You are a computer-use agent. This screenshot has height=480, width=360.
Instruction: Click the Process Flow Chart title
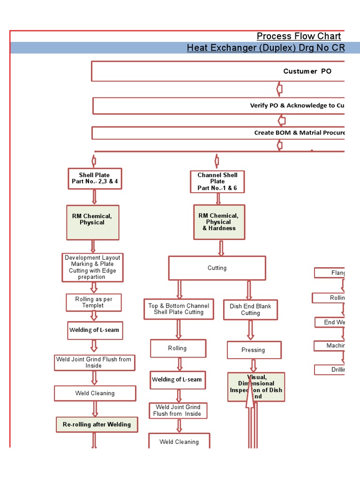pyautogui.click(x=299, y=37)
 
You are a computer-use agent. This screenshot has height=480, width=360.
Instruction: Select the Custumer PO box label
pyautogui.click(x=307, y=71)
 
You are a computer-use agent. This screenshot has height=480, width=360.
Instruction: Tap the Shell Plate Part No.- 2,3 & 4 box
pyautogui.click(x=95, y=179)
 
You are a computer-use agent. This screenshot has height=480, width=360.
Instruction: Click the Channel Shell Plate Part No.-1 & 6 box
pyautogui.click(x=217, y=181)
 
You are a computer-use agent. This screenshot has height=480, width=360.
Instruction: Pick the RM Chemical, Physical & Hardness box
pyautogui.click(x=219, y=222)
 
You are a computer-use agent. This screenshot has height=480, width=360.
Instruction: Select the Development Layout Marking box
pyautogui.click(x=92, y=267)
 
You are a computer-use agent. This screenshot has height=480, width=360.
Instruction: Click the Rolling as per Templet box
pyautogui.click(x=93, y=302)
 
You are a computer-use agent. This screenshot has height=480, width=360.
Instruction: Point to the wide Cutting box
pyautogui.click(x=217, y=268)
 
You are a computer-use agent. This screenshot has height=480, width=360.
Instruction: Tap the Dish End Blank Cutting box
pyautogui.click(x=250, y=310)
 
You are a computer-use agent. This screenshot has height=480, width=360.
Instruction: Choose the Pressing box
pyautogui.click(x=254, y=350)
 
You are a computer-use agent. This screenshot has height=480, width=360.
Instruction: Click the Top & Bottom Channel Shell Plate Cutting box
pyautogui.click(x=179, y=309)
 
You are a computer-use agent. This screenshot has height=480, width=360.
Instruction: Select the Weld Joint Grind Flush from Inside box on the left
pyautogui.click(x=94, y=362)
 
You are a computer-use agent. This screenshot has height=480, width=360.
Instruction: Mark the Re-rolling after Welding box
pyautogui.click(x=97, y=425)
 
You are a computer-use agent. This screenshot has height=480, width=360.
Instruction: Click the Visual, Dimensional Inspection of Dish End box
pyautogui.click(x=256, y=387)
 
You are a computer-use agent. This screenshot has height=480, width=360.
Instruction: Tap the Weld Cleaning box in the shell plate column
pyautogui.click(x=95, y=394)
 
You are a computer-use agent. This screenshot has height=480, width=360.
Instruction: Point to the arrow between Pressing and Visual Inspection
pyautogui.click(x=254, y=366)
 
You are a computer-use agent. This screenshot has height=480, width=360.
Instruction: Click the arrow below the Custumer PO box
pyautogui.click(x=280, y=89)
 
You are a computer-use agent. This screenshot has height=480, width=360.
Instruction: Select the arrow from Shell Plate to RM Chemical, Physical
pyautogui.click(x=95, y=197)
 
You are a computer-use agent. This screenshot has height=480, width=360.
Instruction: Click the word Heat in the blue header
pyautogui.click(x=197, y=48)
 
